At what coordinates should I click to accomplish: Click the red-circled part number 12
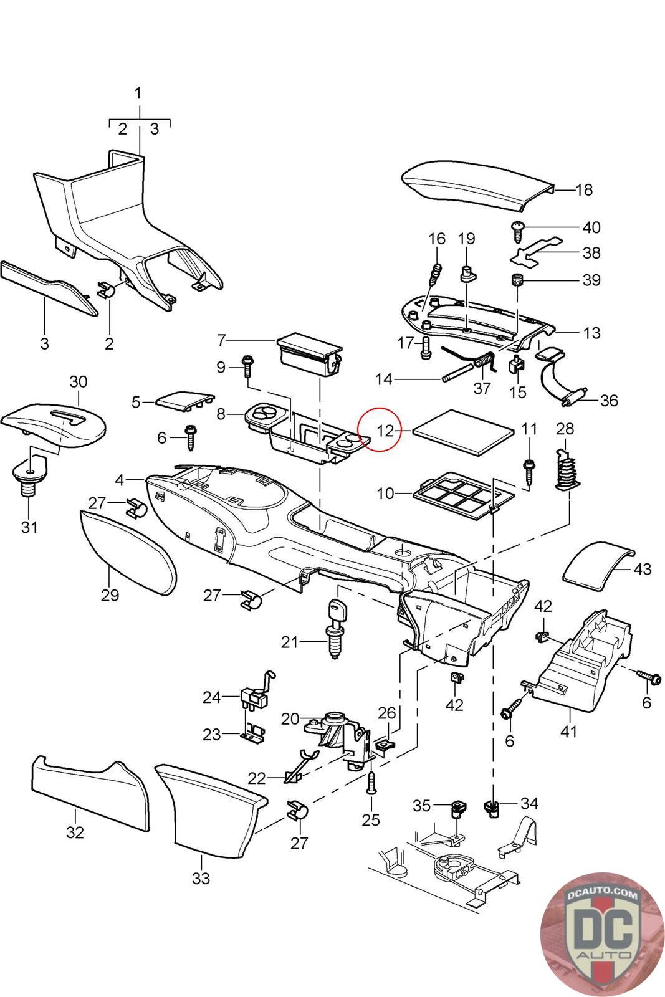pos(386,430)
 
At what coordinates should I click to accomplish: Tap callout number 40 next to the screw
pos(591,227)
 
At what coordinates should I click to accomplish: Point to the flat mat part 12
pos(465,434)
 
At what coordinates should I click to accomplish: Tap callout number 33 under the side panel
pos(201,879)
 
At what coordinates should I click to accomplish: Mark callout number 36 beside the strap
pos(609,400)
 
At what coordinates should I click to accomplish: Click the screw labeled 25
pos(371,781)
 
